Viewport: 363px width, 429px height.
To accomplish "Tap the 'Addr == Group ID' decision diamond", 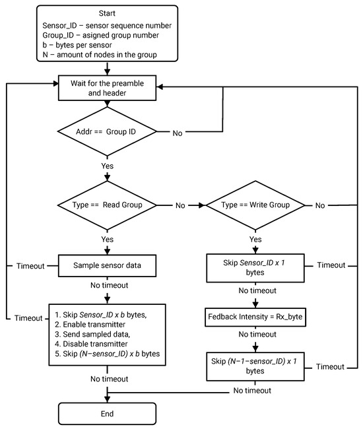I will click(108, 133).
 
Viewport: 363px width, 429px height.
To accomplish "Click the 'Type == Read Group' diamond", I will click(108, 205).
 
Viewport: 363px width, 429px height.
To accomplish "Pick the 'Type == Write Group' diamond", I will click(257, 205).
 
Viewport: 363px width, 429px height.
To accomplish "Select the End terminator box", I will click(108, 413).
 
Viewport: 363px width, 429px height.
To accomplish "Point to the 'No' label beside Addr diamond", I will click(178, 133).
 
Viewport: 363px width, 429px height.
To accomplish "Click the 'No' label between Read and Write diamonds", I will click(180, 205).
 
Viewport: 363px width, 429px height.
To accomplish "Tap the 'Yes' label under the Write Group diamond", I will click(257, 240).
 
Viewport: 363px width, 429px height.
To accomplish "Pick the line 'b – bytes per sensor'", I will click(80, 44).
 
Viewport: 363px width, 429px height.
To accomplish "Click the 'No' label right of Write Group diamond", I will click(320, 205).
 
